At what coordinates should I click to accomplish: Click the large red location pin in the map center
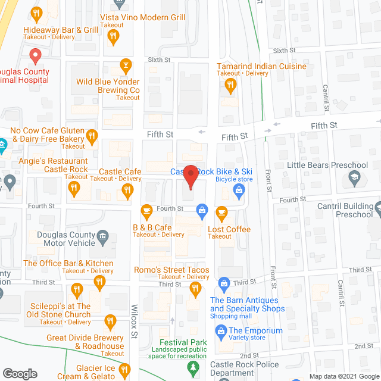190,178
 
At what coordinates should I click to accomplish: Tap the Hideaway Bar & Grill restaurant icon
36,13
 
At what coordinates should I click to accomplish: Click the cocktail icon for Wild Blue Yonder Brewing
126,64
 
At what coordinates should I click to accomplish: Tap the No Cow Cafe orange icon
92,136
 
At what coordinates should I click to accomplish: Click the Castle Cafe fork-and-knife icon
126,190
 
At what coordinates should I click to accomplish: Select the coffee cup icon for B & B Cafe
146,211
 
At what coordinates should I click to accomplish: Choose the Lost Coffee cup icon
221,211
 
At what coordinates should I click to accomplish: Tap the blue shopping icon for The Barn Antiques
224,283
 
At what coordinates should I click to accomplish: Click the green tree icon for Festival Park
192,367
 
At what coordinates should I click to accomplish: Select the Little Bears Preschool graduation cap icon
355,177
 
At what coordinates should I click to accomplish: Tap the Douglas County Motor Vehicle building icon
102,238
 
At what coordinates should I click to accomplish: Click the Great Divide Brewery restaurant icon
110,323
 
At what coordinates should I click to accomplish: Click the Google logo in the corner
19,373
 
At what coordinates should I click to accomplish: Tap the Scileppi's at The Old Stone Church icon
76,291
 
